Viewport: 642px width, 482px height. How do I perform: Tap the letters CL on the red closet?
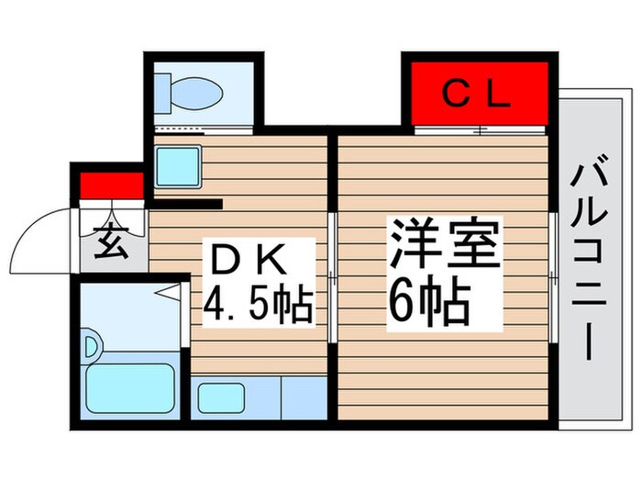point(476,94)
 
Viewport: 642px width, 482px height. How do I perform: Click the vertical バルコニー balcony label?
point(586,263)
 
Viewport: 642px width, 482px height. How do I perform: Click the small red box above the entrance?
point(111,185)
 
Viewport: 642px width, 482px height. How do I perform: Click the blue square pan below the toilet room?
point(178,166)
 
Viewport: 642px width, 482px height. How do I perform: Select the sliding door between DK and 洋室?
point(333,275)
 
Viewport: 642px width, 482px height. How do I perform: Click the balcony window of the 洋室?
point(553,275)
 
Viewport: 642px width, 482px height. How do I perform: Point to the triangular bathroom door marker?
point(170,293)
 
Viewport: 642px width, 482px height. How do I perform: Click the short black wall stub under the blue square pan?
point(187,204)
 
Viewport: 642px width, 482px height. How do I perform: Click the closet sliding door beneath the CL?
point(479,131)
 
